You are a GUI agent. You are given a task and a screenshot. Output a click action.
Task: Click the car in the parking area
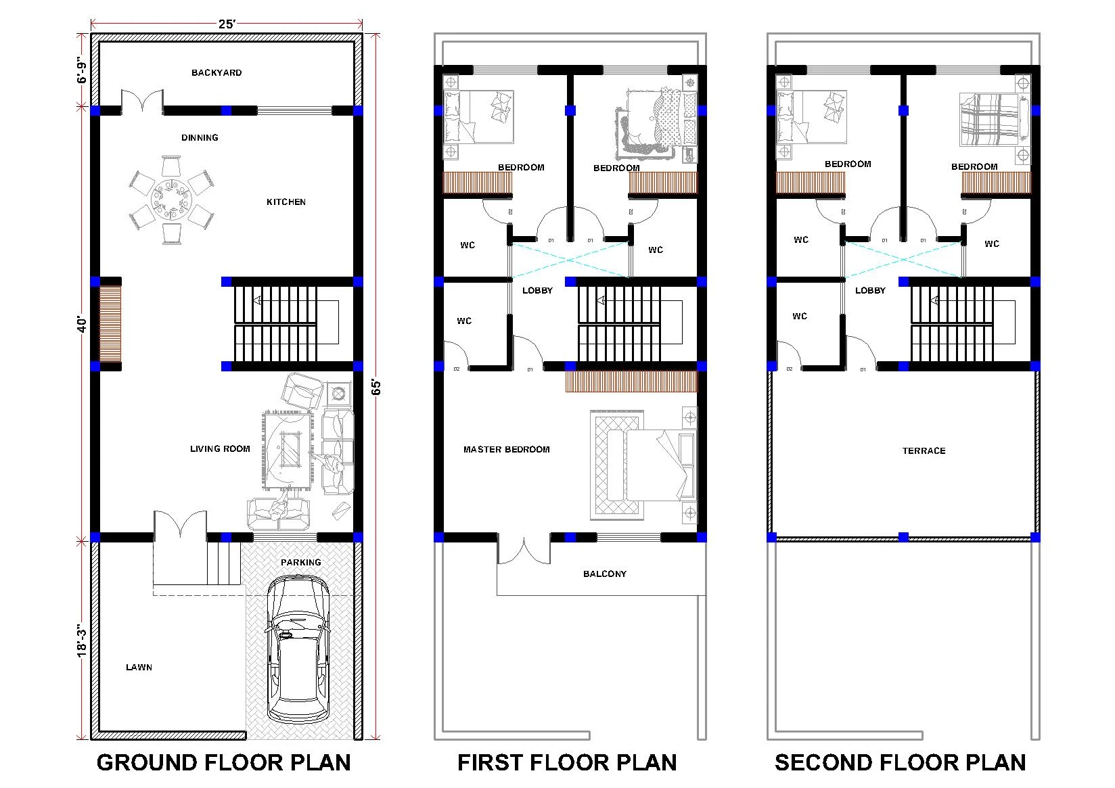(297, 649)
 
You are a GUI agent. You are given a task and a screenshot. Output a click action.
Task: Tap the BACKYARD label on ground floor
(217, 72)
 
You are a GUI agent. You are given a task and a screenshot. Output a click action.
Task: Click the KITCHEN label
(286, 202)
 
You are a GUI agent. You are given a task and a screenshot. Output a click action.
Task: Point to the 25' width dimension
(227, 24)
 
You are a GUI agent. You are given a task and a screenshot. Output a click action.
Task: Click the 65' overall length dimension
(377, 387)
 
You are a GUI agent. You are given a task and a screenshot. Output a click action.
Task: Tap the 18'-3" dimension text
(82, 640)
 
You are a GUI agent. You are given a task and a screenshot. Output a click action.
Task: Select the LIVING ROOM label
(220, 448)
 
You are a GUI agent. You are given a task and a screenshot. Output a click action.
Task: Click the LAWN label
(139, 667)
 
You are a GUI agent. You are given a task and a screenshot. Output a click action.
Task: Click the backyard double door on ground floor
(142, 102)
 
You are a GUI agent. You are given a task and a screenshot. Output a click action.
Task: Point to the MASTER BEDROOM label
(506, 449)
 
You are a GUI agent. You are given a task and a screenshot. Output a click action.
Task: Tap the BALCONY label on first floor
(605, 574)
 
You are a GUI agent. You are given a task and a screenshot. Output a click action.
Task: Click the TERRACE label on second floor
(924, 450)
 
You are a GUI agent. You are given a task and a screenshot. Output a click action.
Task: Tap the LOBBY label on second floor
(870, 290)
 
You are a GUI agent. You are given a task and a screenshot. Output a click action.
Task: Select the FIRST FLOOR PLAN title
(567, 762)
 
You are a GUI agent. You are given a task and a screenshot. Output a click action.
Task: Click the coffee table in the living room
(290, 449)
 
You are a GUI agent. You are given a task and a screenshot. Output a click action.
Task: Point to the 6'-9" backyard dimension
(82, 70)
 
